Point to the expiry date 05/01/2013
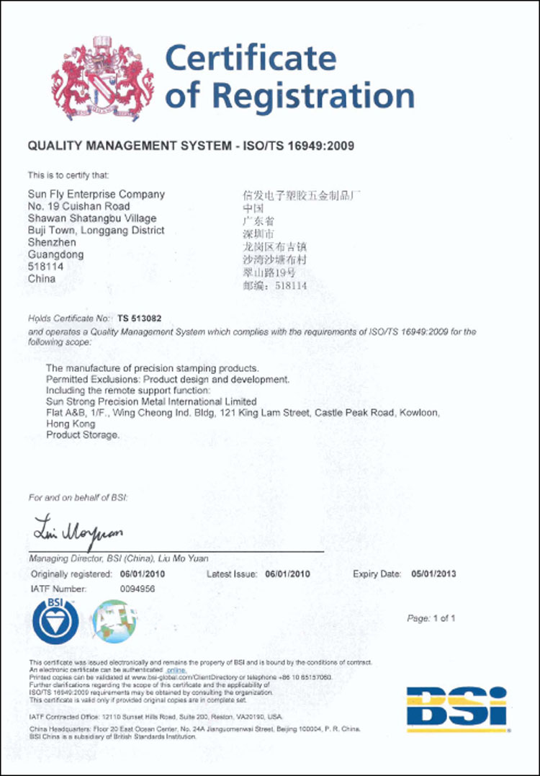pyautogui.click(x=433, y=574)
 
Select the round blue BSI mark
pyautogui.click(x=55, y=620)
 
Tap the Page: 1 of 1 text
pyautogui.click(x=431, y=618)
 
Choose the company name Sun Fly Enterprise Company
pyautogui.click(x=96, y=194)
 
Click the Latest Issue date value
pyautogui.click(x=287, y=574)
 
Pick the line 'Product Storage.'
pyautogui.click(x=83, y=435)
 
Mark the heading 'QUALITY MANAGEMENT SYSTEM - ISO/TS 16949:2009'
pyautogui.click(x=191, y=146)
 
